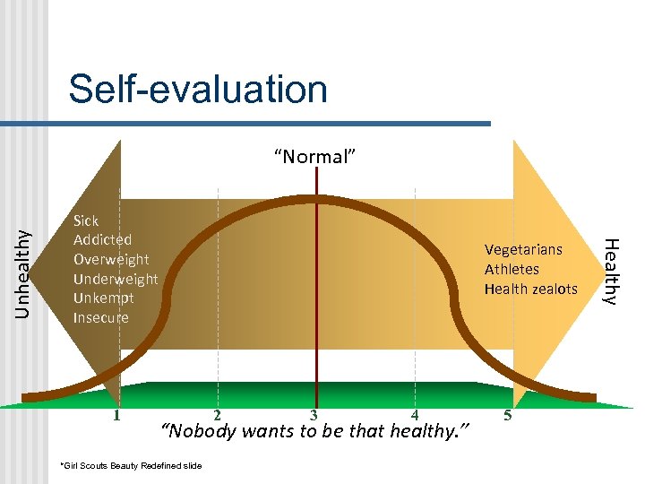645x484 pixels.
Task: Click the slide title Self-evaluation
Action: coord(198,89)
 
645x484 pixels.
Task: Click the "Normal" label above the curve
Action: coord(315,158)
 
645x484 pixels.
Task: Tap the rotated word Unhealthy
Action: coord(26,271)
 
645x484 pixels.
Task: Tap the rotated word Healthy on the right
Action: coord(610,271)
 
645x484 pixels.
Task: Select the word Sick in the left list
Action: coord(86,220)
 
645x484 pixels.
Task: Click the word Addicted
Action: coord(102,240)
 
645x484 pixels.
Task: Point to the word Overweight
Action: coord(112,260)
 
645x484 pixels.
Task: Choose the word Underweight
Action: coord(116,279)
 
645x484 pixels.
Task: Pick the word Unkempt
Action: coord(104,298)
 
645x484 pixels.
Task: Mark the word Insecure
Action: coord(100,318)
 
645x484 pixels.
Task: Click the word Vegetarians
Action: coord(523,250)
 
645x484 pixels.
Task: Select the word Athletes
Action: coord(512,270)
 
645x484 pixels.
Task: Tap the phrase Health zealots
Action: coord(531,289)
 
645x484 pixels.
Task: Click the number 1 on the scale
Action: coord(116,415)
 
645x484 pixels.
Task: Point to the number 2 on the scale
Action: coord(217,415)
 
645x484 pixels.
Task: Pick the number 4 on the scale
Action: coord(414,415)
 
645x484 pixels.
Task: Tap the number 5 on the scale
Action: coord(508,415)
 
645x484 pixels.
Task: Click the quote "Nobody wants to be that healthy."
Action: coord(314,432)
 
